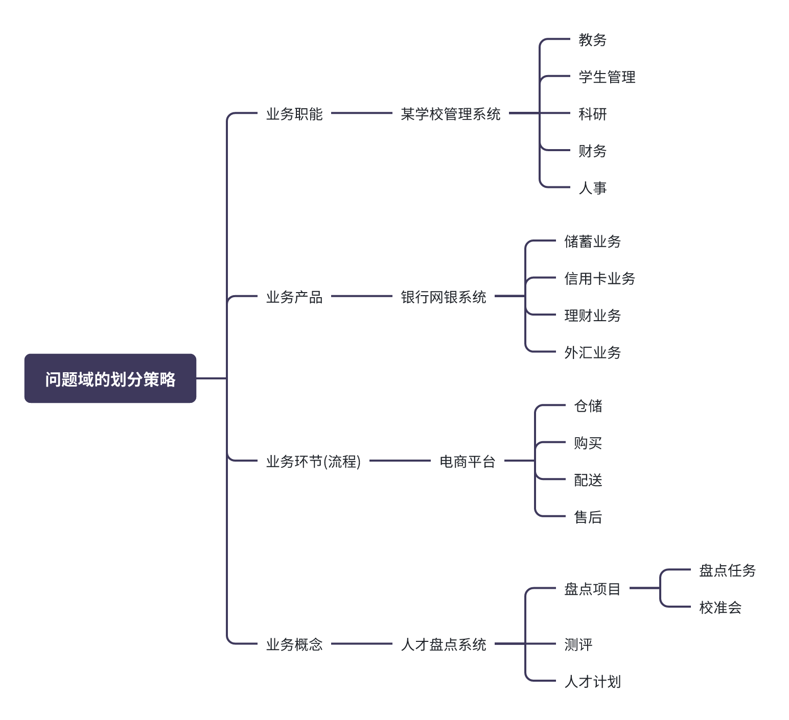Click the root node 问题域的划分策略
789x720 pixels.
(x=110, y=378)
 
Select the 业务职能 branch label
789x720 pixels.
(x=294, y=114)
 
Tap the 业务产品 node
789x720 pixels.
(x=294, y=297)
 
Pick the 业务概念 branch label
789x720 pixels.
(x=294, y=644)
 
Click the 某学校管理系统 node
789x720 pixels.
(x=451, y=114)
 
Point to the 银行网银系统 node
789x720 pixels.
(x=444, y=297)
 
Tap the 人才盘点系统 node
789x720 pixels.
(x=444, y=644)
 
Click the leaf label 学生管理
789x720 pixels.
(x=607, y=77)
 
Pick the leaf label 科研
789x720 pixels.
(x=593, y=114)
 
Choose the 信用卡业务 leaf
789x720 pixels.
(x=600, y=278)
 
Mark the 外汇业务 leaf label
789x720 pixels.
(x=593, y=352)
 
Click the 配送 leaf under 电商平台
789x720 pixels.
(x=588, y=480)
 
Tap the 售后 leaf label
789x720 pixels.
(x=588, y=517)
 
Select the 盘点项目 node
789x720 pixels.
(x=593, y=589)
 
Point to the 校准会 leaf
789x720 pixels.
(x=721, y=607)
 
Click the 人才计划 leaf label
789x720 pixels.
(x=593, y=681)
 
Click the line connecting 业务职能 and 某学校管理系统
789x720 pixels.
(x=361, y=113)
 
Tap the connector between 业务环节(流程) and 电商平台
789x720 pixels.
(x=400, y=461)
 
